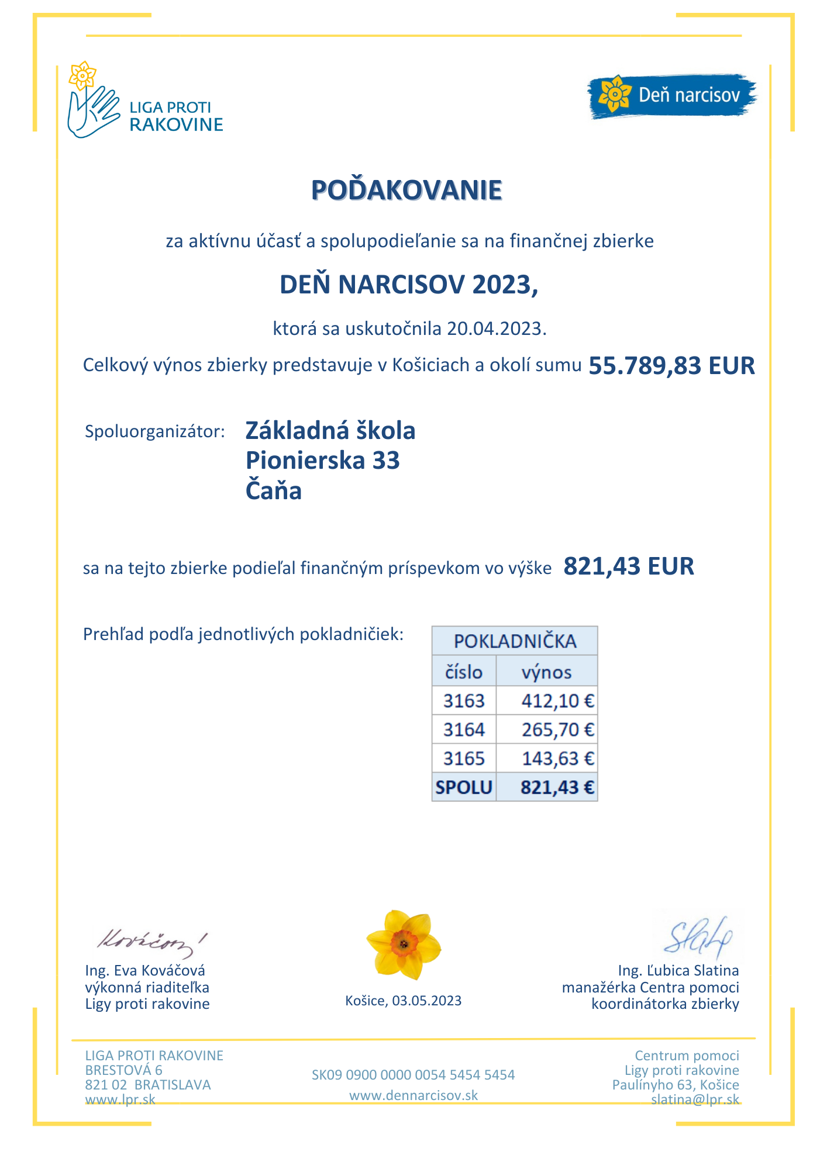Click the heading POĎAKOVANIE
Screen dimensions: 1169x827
tap(406, 191)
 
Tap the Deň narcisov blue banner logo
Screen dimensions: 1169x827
tap(671, 96)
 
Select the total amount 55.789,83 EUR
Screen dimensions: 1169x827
tap(671, 366)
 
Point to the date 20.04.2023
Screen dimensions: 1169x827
tap(495, 328)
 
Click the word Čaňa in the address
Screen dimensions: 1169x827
tap(273, 490)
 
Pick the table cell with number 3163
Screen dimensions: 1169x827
tap(464, 700)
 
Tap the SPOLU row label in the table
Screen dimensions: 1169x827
tap(464, 787)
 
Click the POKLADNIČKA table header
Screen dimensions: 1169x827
tap(515, 641)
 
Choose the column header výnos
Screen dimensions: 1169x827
tap(546, 672)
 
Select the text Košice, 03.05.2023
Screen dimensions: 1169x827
tap(403, 1001)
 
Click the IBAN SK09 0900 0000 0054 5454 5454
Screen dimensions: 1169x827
tap(413, 1075)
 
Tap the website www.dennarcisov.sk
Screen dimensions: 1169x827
tap(413, 1095)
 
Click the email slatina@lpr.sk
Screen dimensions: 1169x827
tap(695, 1099)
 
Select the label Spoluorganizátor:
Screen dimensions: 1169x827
tap(155, 432)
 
